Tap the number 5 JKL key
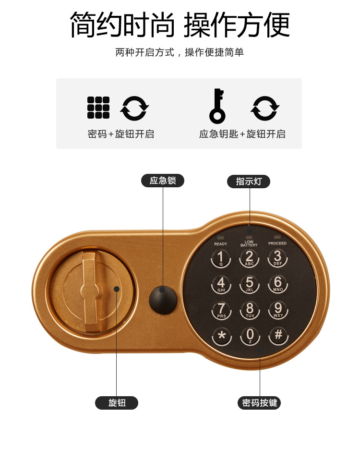pos(249,284)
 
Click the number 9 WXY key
pos(277,310)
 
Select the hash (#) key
pos(278,335)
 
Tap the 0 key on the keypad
pos(250,335)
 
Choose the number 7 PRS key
pos(221,310)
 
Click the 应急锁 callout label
pos(162,181)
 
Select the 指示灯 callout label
pos(249,182)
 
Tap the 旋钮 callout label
pos(117,402)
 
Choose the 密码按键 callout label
pos(259,402)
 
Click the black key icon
pos(217,105)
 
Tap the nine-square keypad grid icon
pos(98,108)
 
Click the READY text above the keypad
pos(220,243)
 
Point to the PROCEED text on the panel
pos(277,243)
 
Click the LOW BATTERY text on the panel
pos(249,243)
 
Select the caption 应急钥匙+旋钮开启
pos(242,134)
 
